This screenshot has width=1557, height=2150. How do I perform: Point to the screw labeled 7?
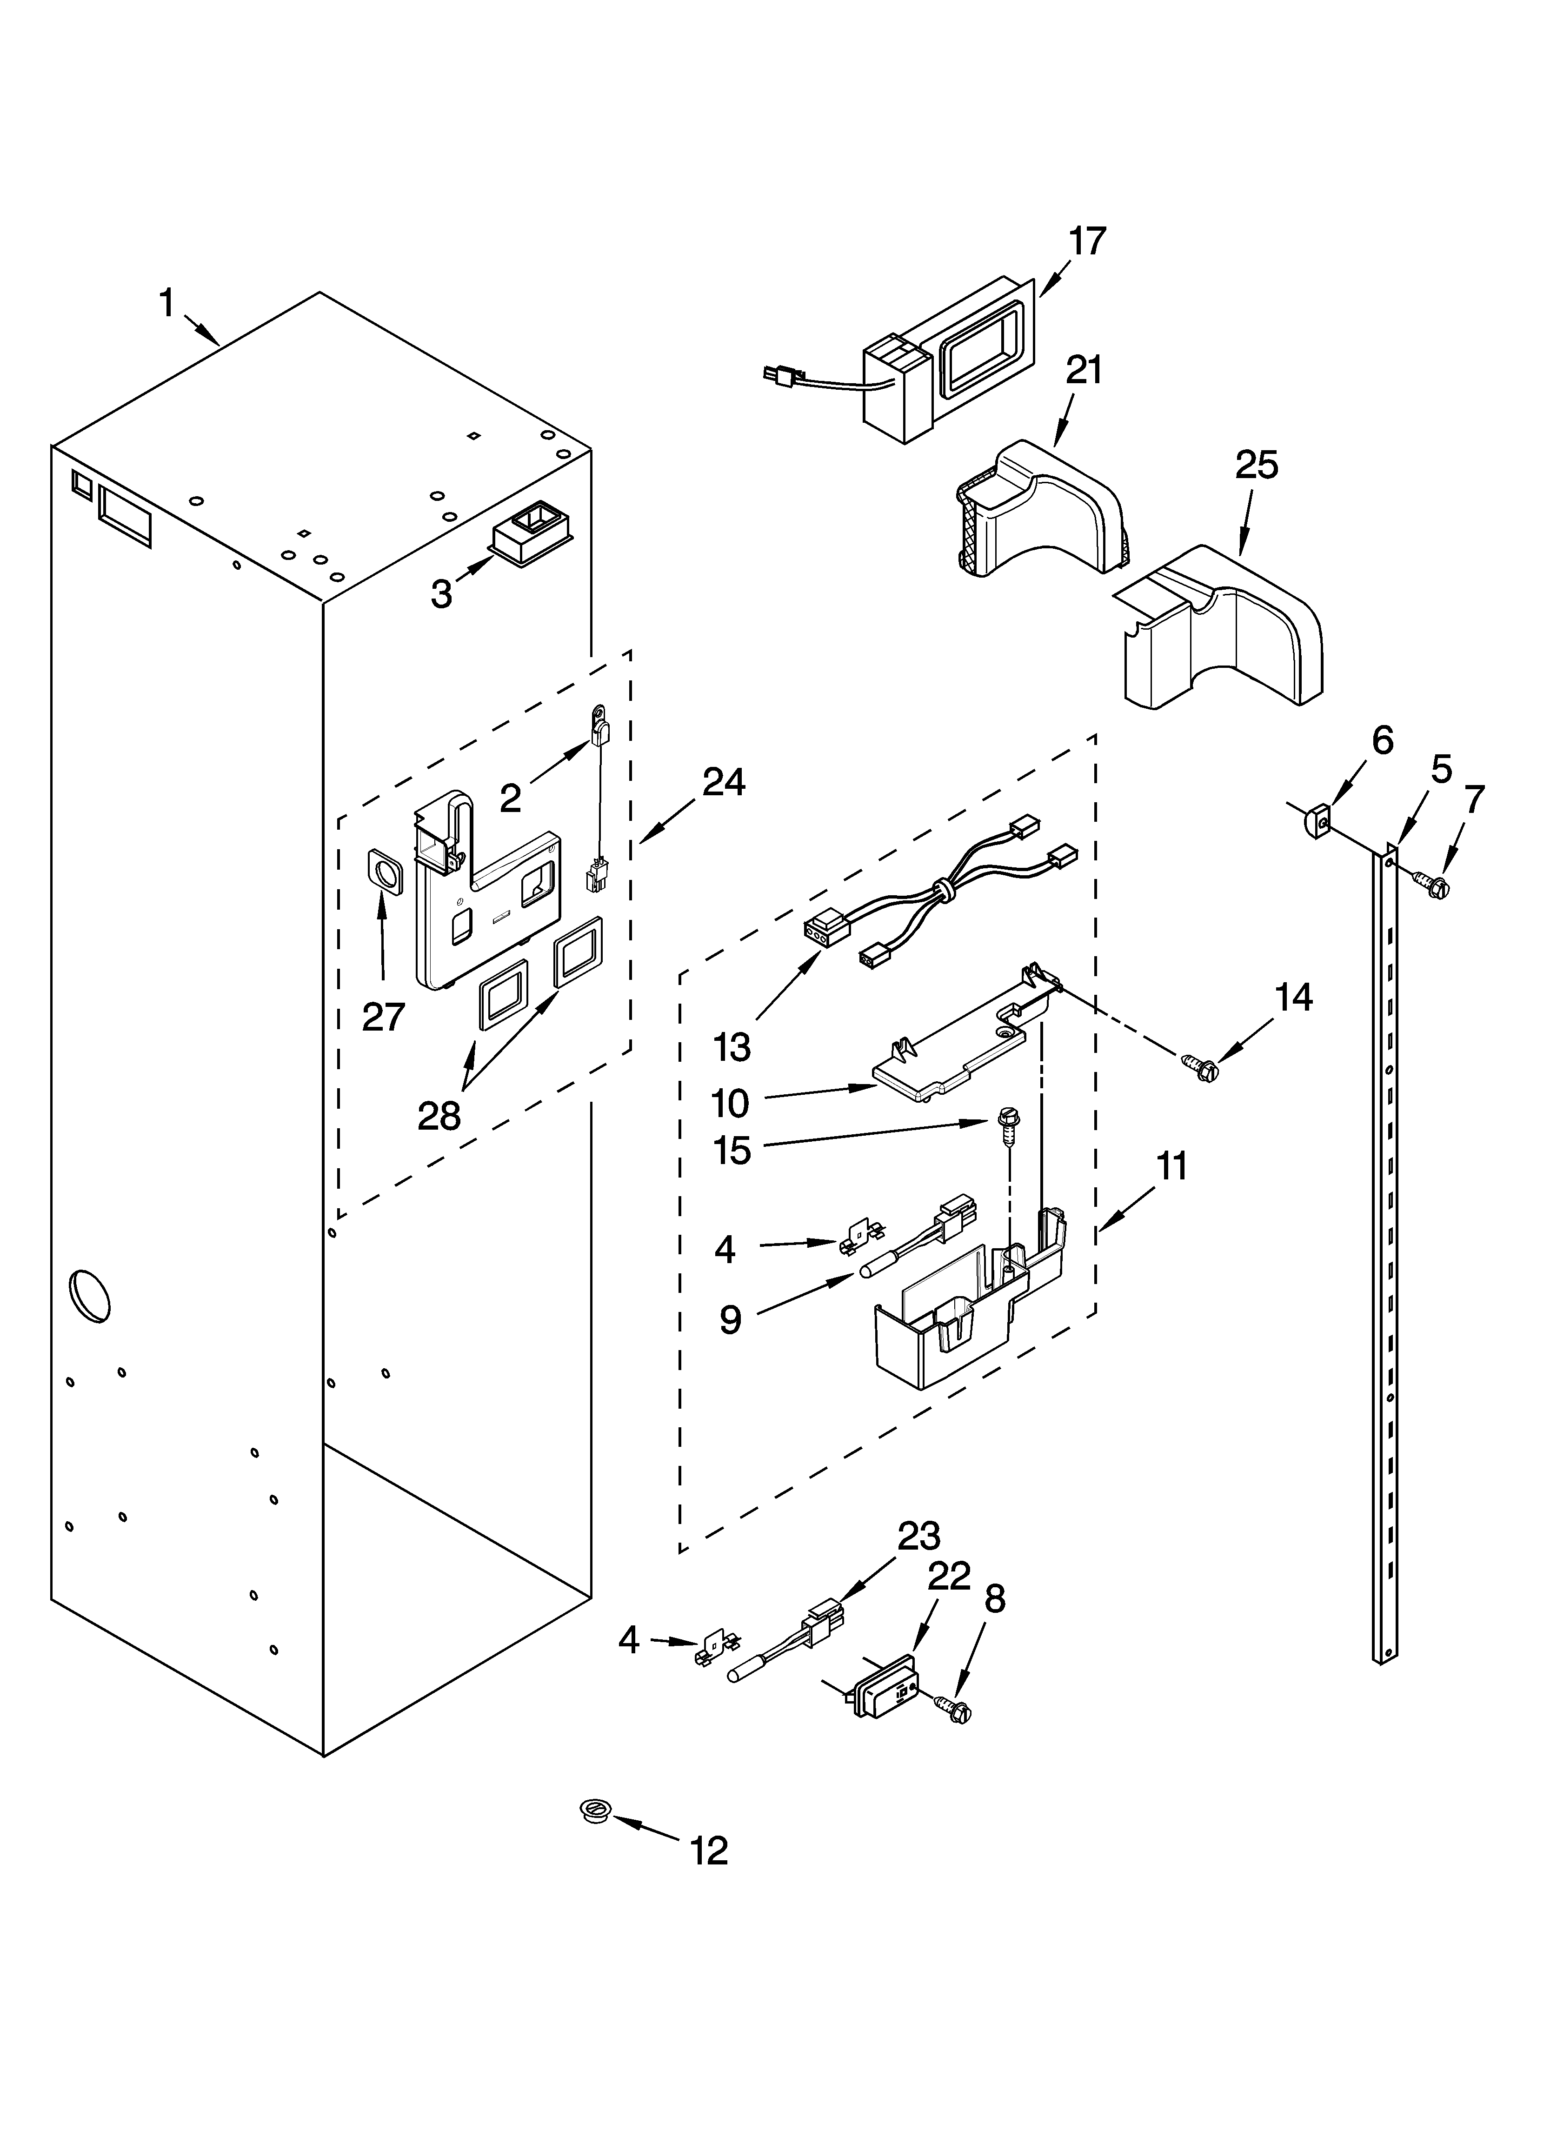[x=1435, y=886]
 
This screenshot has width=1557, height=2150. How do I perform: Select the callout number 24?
[x=724, y=783]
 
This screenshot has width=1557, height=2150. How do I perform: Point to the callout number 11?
[x=1172, y=1166]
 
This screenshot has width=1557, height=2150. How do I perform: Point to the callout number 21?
[x=1084, y=370]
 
